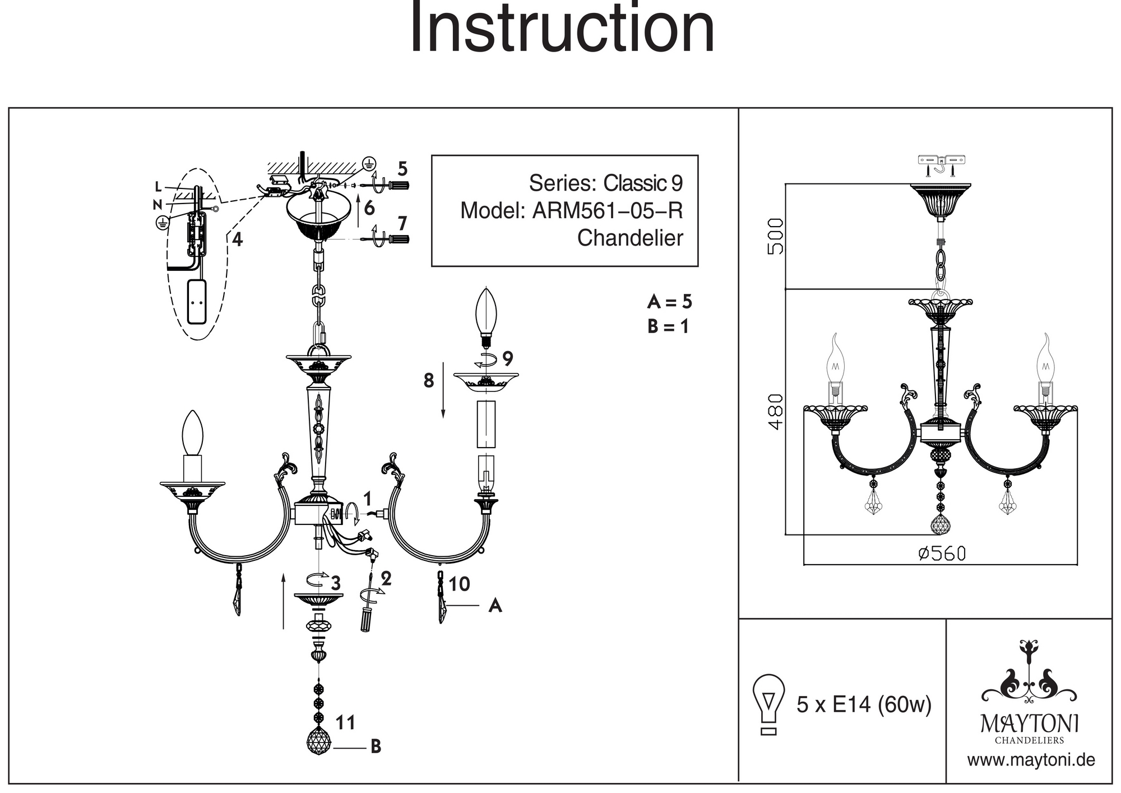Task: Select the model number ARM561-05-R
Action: coord(608,211)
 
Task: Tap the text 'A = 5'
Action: coord(669,302)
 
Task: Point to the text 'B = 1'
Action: coord(668,326)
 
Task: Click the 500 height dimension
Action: coord(775,236)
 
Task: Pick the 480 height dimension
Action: coord(775,411)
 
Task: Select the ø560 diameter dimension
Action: coord(942,554)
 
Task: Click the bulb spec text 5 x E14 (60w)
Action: coord(864,704)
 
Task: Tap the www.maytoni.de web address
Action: coord(1031,760)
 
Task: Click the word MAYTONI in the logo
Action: coord(1029,724)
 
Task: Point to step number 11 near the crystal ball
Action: coord(345,723)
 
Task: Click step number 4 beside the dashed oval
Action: coord(238,240)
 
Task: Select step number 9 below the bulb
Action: coord(508,358)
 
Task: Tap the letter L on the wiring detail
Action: coord(159,187)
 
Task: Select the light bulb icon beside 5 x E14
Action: coord(769,704)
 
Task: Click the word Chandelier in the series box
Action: coord(630,238)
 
